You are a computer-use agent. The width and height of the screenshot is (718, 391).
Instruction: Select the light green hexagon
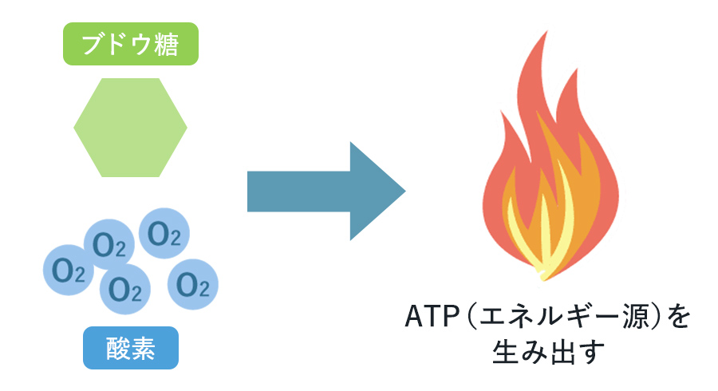coord(130,127)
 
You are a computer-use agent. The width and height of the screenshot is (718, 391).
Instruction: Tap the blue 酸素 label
coord(130,348)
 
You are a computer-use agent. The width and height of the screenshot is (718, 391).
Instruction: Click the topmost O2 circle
coord(164,234)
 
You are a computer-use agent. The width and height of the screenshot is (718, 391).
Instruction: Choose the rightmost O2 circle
coord(192,282)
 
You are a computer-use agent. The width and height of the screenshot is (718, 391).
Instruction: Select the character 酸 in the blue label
coord(116,348)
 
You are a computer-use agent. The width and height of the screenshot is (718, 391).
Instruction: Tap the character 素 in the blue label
coord(144,348)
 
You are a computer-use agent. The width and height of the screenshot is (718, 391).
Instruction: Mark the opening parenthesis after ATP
coord(471,316)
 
